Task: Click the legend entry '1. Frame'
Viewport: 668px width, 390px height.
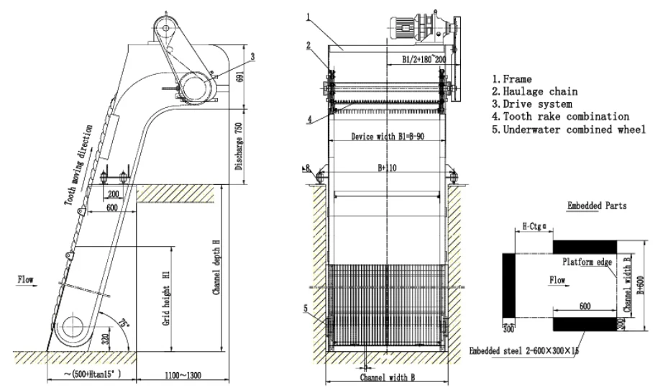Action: [x=512, y=79]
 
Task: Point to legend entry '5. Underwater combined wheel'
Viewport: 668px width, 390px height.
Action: [x=568, y=129]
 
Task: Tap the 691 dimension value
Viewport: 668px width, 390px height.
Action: [x=238, y=86]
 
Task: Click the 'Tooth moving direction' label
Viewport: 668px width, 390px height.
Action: [x=79, y=165]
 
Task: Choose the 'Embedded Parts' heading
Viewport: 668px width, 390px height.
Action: [x=597, y=206]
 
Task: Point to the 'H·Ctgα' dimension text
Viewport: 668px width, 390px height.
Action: [x=532, y=226]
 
